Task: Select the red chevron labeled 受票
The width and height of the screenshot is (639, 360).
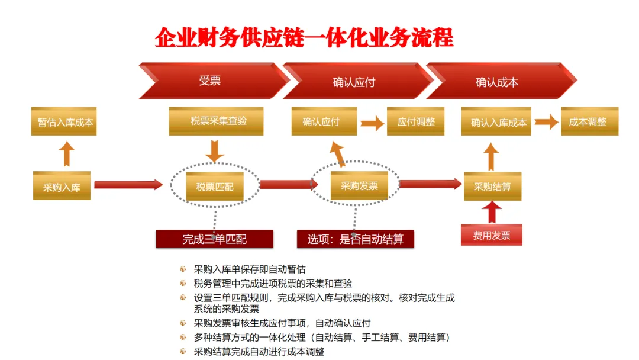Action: click(x=210, y=81)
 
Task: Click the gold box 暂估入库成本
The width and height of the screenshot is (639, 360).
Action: click(x=65, y=122)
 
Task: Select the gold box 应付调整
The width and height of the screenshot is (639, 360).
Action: click(x=416, y=122)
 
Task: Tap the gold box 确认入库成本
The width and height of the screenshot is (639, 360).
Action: click(x=498, y=123)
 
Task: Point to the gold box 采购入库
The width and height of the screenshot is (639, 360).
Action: click(x=62, y=187)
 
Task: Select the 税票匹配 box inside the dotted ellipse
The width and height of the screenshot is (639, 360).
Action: click(x=215, y=187)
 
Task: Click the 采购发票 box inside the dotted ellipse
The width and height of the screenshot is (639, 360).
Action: click(x=359, y=186)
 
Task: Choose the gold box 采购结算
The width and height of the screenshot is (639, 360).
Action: click(x=492, y=187)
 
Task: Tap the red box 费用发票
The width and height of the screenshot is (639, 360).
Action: click(x=491, y=235)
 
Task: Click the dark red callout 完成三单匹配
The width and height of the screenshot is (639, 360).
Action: click(x=214, y=239)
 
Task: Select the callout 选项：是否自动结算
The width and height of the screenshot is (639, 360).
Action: click(x=355, y=239)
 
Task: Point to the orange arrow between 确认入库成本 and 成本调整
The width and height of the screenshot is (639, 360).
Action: click(x=546, y=122)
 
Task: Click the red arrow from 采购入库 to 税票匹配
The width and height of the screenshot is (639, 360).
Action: click(x=128, y=185)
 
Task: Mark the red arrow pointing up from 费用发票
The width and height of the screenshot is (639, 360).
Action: click(x=491, y=212)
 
